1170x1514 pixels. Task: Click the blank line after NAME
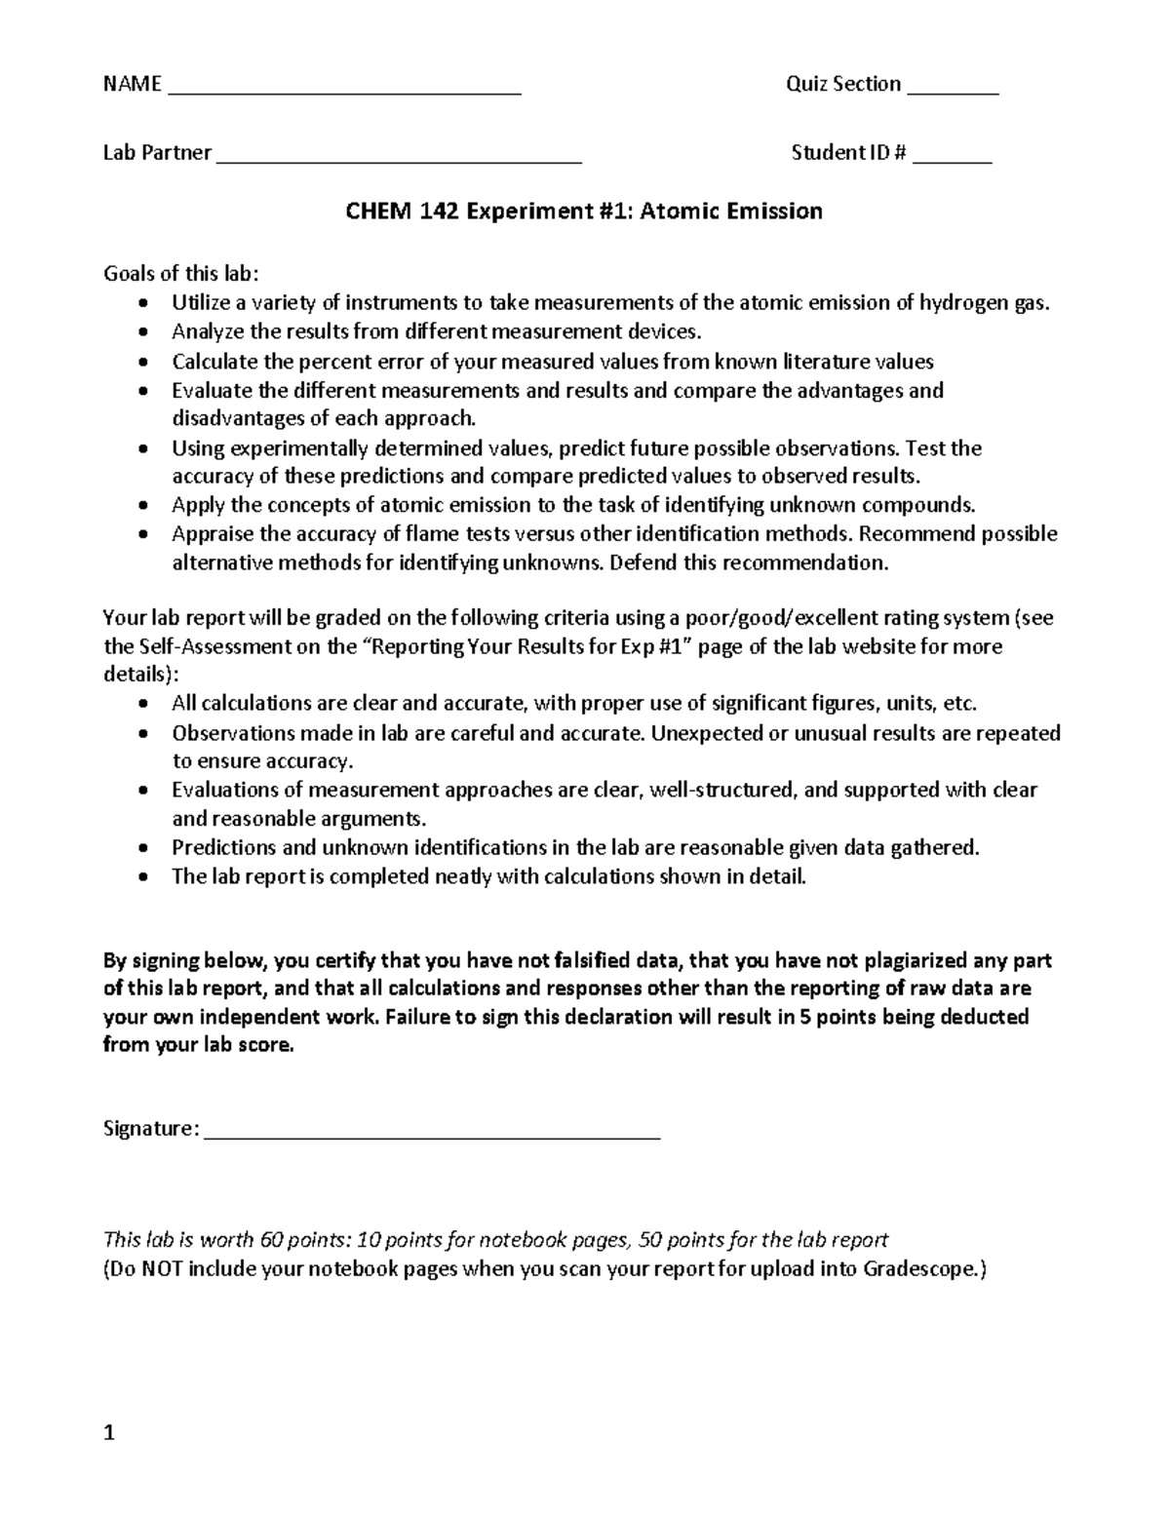tap(345, 93)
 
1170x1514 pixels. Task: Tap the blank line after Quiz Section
tap(953, 93)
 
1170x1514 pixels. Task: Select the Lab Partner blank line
tap(399, 161)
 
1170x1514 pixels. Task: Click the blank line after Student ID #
tap(952, 161)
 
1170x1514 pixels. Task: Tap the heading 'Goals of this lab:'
tap(182, 274)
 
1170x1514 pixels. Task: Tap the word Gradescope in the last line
tap(918, 1269)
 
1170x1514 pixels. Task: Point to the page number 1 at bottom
tap(109, 1433)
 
